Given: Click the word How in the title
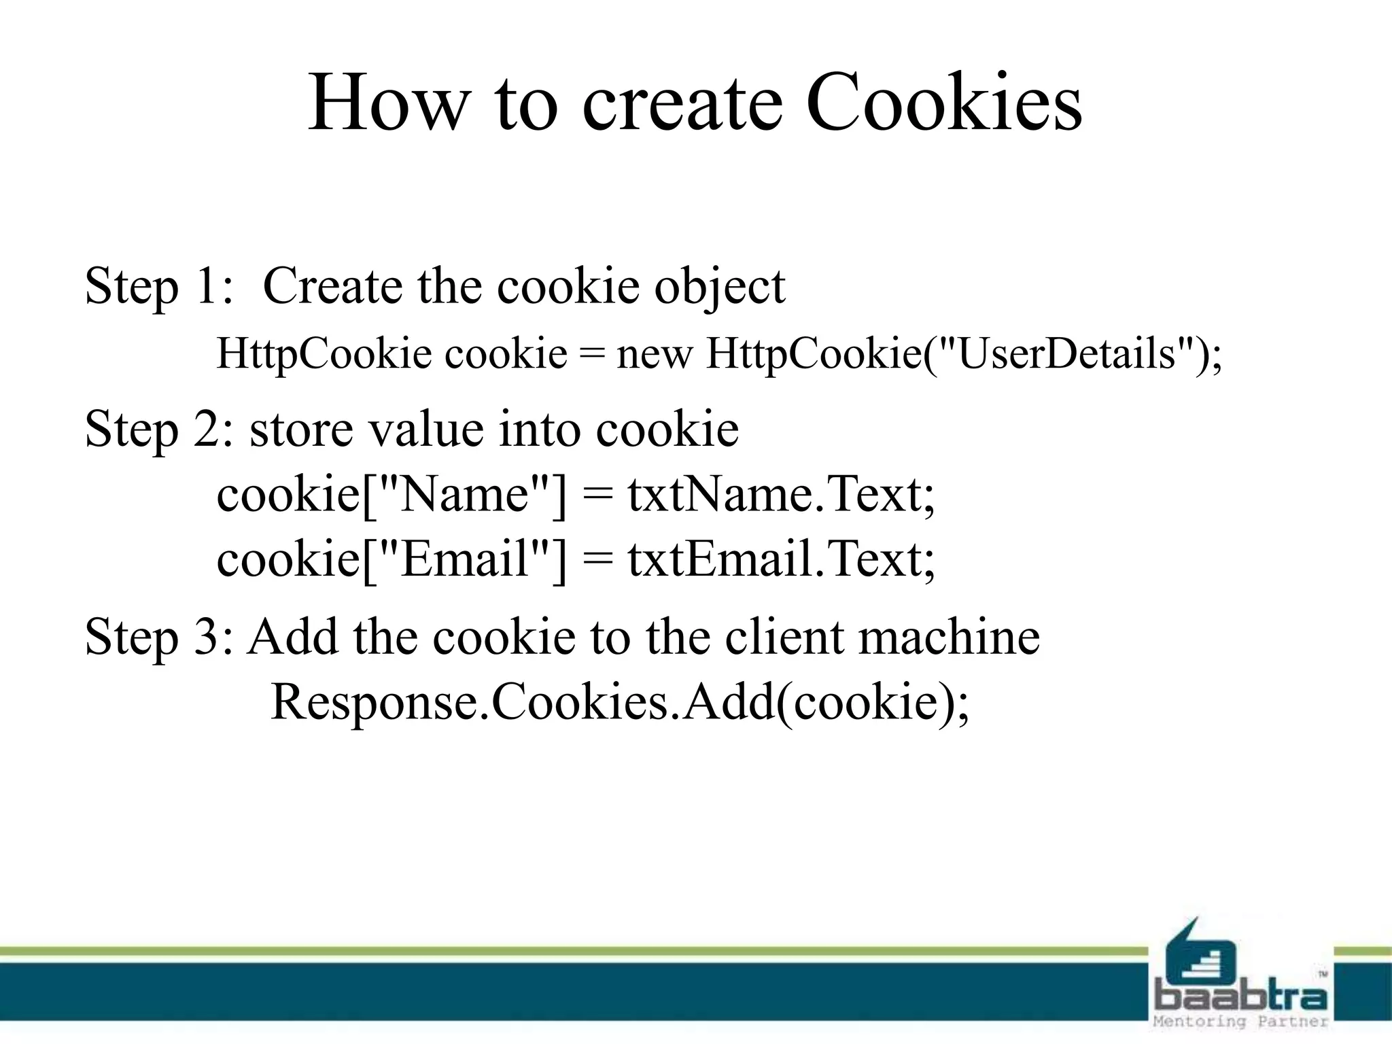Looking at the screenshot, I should pos(389,103).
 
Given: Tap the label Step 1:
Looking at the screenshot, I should pos(159,287).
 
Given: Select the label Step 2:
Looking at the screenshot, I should pos(159,430).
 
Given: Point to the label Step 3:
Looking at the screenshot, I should pos(159,638).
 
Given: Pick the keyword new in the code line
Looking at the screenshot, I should pos(655,355).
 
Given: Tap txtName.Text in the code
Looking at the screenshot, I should pos(781,494).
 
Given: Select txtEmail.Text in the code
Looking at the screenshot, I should pos(781,559).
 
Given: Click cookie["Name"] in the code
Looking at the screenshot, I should pos(391,495).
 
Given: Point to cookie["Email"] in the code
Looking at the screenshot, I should pos(391,560).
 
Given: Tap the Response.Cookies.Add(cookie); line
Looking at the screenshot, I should pos(620,701).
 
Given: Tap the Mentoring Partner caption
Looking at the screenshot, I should pos(1240,1022).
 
